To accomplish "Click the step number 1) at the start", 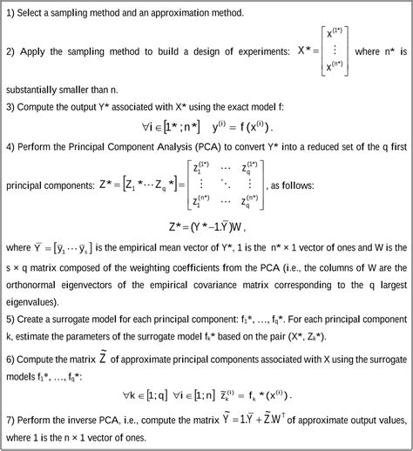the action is pyautogui.click(x=10, y=13).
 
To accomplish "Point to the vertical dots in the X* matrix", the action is pyautogui.click(x=334, y=50).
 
